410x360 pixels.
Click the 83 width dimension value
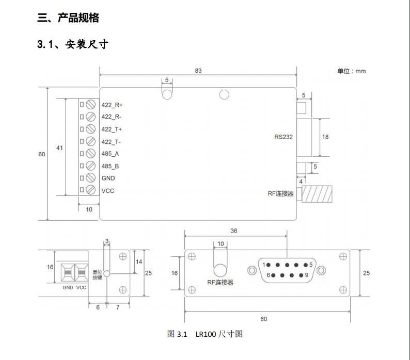point(198,71)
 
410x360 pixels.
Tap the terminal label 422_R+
point(112,105)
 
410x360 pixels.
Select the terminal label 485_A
point(110,154)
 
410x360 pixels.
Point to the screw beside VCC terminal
point(91,190)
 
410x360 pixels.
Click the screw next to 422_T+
point(91,129)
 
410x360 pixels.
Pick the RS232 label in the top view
point(283,137)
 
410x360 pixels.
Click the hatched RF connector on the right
point(317,194)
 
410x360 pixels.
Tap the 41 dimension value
point(59,148)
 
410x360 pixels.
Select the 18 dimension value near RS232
point(325,137)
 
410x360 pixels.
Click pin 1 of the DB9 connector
point(269,265)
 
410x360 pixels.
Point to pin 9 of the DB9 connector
point(301,275)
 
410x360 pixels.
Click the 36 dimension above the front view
point(234,231)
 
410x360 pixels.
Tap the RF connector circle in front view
point(220,271)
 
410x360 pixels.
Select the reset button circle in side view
point(107,274)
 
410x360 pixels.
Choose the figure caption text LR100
point(206,334)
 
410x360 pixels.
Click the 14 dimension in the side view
point(139,262)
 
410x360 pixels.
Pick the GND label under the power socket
point(68,287)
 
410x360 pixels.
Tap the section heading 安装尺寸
point(87,44)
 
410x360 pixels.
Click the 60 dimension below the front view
point(263,319)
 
